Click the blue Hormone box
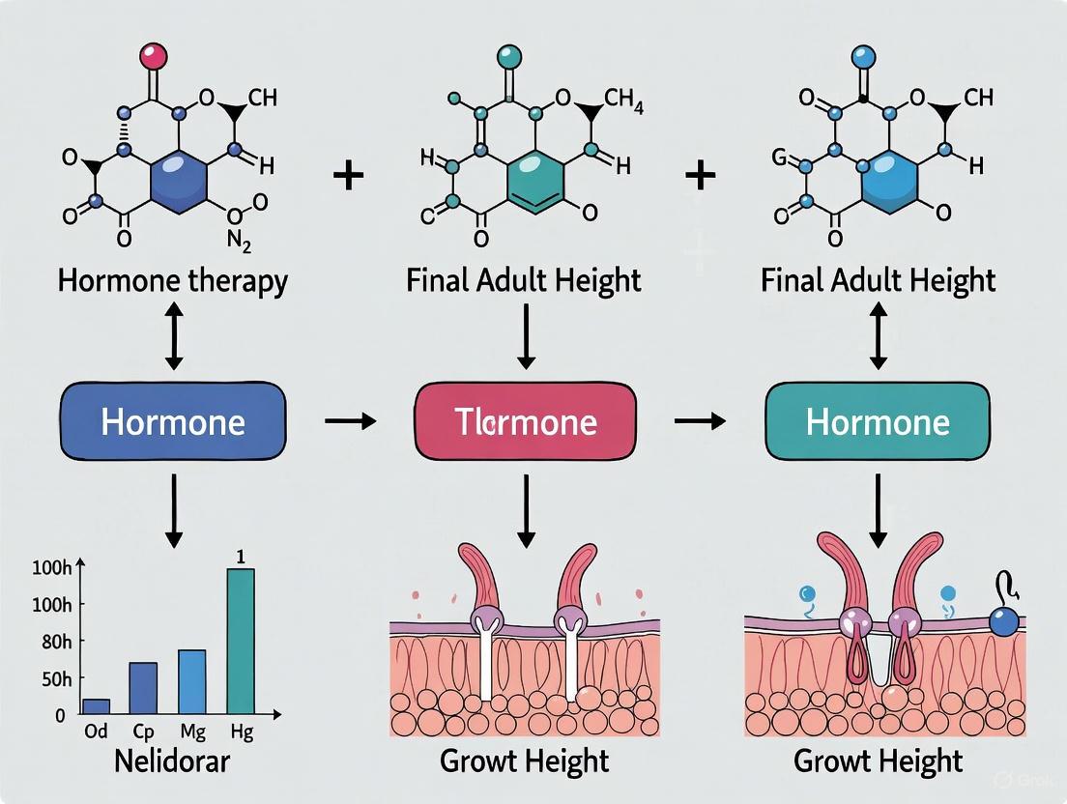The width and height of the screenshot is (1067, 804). pos(173,421)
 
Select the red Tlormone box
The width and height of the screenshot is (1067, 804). pos(526,421)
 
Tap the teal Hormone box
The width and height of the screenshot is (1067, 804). pos(878,421)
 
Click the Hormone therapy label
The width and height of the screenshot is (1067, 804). pos(173,281)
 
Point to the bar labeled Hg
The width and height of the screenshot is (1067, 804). pos(241,642)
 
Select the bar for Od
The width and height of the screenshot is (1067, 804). pos(96,706)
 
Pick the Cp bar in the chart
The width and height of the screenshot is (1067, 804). pos(143,688)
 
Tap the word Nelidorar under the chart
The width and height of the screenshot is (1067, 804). pos(172,761)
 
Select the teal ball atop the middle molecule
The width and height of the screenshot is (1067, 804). pos(507,56)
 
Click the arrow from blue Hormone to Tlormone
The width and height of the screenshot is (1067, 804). pos(350,421)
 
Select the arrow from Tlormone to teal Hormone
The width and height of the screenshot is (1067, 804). pos(701,421)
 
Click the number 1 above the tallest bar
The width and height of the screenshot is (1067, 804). pos(241,556)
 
